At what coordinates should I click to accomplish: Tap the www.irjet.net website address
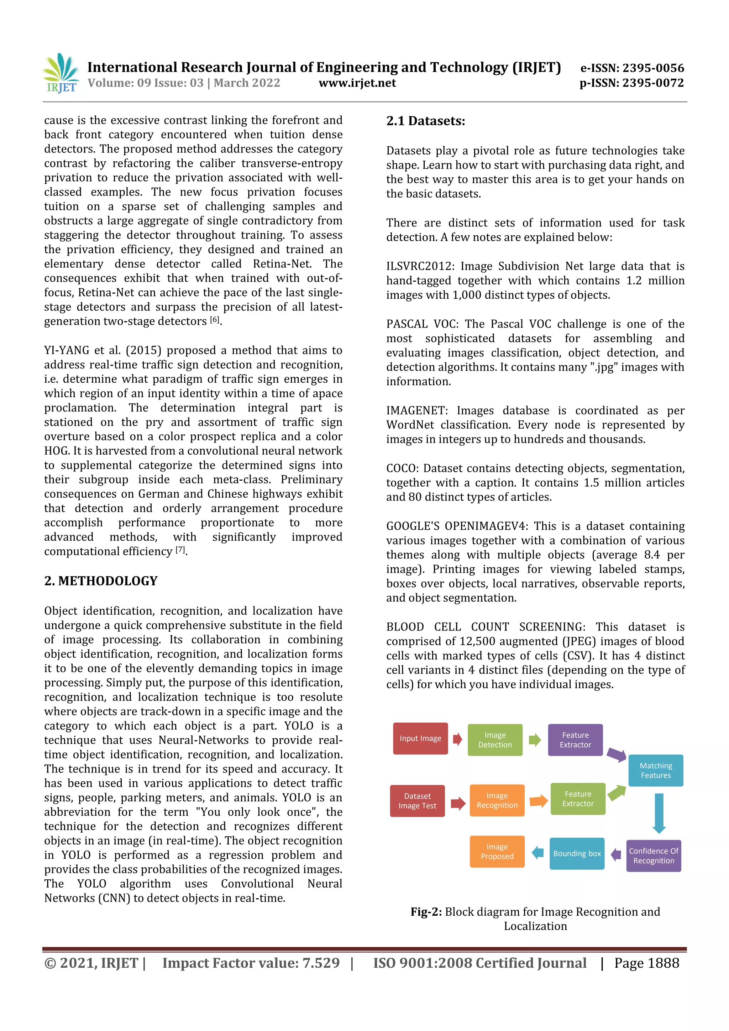point(357,83)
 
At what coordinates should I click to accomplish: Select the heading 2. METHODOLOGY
point(101,581)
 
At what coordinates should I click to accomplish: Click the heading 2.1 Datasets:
point(426,121)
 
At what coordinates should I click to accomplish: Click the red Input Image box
point(420,739)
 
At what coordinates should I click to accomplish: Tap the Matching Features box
point(655,770)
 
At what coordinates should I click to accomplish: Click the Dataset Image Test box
point(417,801)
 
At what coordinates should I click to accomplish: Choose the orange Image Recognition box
point(497,801)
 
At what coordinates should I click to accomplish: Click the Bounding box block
point(577,854)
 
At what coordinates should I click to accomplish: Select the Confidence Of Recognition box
point(654,856)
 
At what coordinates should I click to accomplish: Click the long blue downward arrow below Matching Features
point(659,813)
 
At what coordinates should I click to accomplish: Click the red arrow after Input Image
point(457,739)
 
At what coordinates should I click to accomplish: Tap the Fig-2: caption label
point(426,912)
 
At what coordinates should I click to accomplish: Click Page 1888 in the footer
point(646,963)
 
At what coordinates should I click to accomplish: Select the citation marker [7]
point(180,550)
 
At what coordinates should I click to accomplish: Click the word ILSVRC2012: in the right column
point(420,266)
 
